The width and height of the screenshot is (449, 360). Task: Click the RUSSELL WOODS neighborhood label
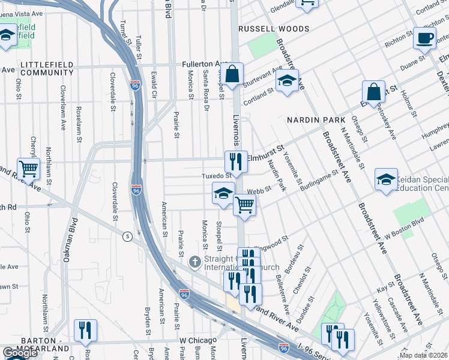tap(274, 29)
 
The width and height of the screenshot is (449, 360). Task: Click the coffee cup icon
tap(425, 39)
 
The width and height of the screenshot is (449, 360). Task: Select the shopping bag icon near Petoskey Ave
tap(373, 93)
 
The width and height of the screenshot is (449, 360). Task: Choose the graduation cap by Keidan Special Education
tap(386, 179)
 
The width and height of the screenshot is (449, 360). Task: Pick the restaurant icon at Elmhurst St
tap(236, 162)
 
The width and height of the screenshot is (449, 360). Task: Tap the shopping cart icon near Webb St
tap(244, 205)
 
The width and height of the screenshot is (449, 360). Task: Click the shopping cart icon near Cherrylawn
tap(29, 169)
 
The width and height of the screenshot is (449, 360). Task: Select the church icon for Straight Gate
tap(194, 262)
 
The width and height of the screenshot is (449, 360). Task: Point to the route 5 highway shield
tap(127, 236)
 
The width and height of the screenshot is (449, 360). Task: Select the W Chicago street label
tap(197, 340)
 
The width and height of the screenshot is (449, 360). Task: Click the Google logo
tap(20, 353)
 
